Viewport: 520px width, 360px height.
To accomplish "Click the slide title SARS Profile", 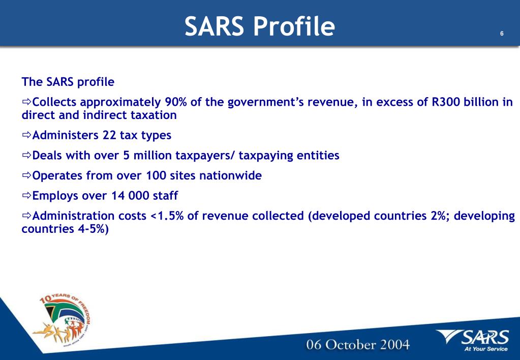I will coord(260,26).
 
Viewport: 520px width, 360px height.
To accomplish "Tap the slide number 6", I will coord(502,34).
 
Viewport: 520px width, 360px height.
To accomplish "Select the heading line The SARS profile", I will coord(68,81).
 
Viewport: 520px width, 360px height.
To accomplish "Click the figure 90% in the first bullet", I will coord(176,102).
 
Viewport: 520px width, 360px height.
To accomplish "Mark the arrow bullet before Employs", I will coord(26,196).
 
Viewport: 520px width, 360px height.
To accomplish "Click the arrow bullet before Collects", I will coord(26,102).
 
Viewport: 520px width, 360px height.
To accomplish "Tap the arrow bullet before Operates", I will coord(26,175).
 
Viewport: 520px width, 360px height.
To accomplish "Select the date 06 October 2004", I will coord(357,344).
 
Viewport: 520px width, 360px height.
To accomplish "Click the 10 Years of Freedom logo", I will coord(64,320).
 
